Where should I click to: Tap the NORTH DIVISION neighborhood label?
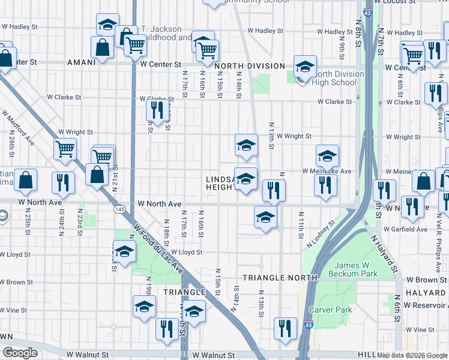(x=249, y=66)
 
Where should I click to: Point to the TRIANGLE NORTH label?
(x=280, y=278)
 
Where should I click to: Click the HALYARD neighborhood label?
(x=425, y=292)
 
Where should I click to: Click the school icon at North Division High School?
(x=305, y=67)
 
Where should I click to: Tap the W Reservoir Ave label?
(x=426, y=305)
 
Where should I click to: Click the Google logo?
(x=20, y=353)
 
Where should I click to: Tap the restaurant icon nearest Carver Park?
(x=285, y=328)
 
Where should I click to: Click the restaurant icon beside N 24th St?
(x=63, y=182)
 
